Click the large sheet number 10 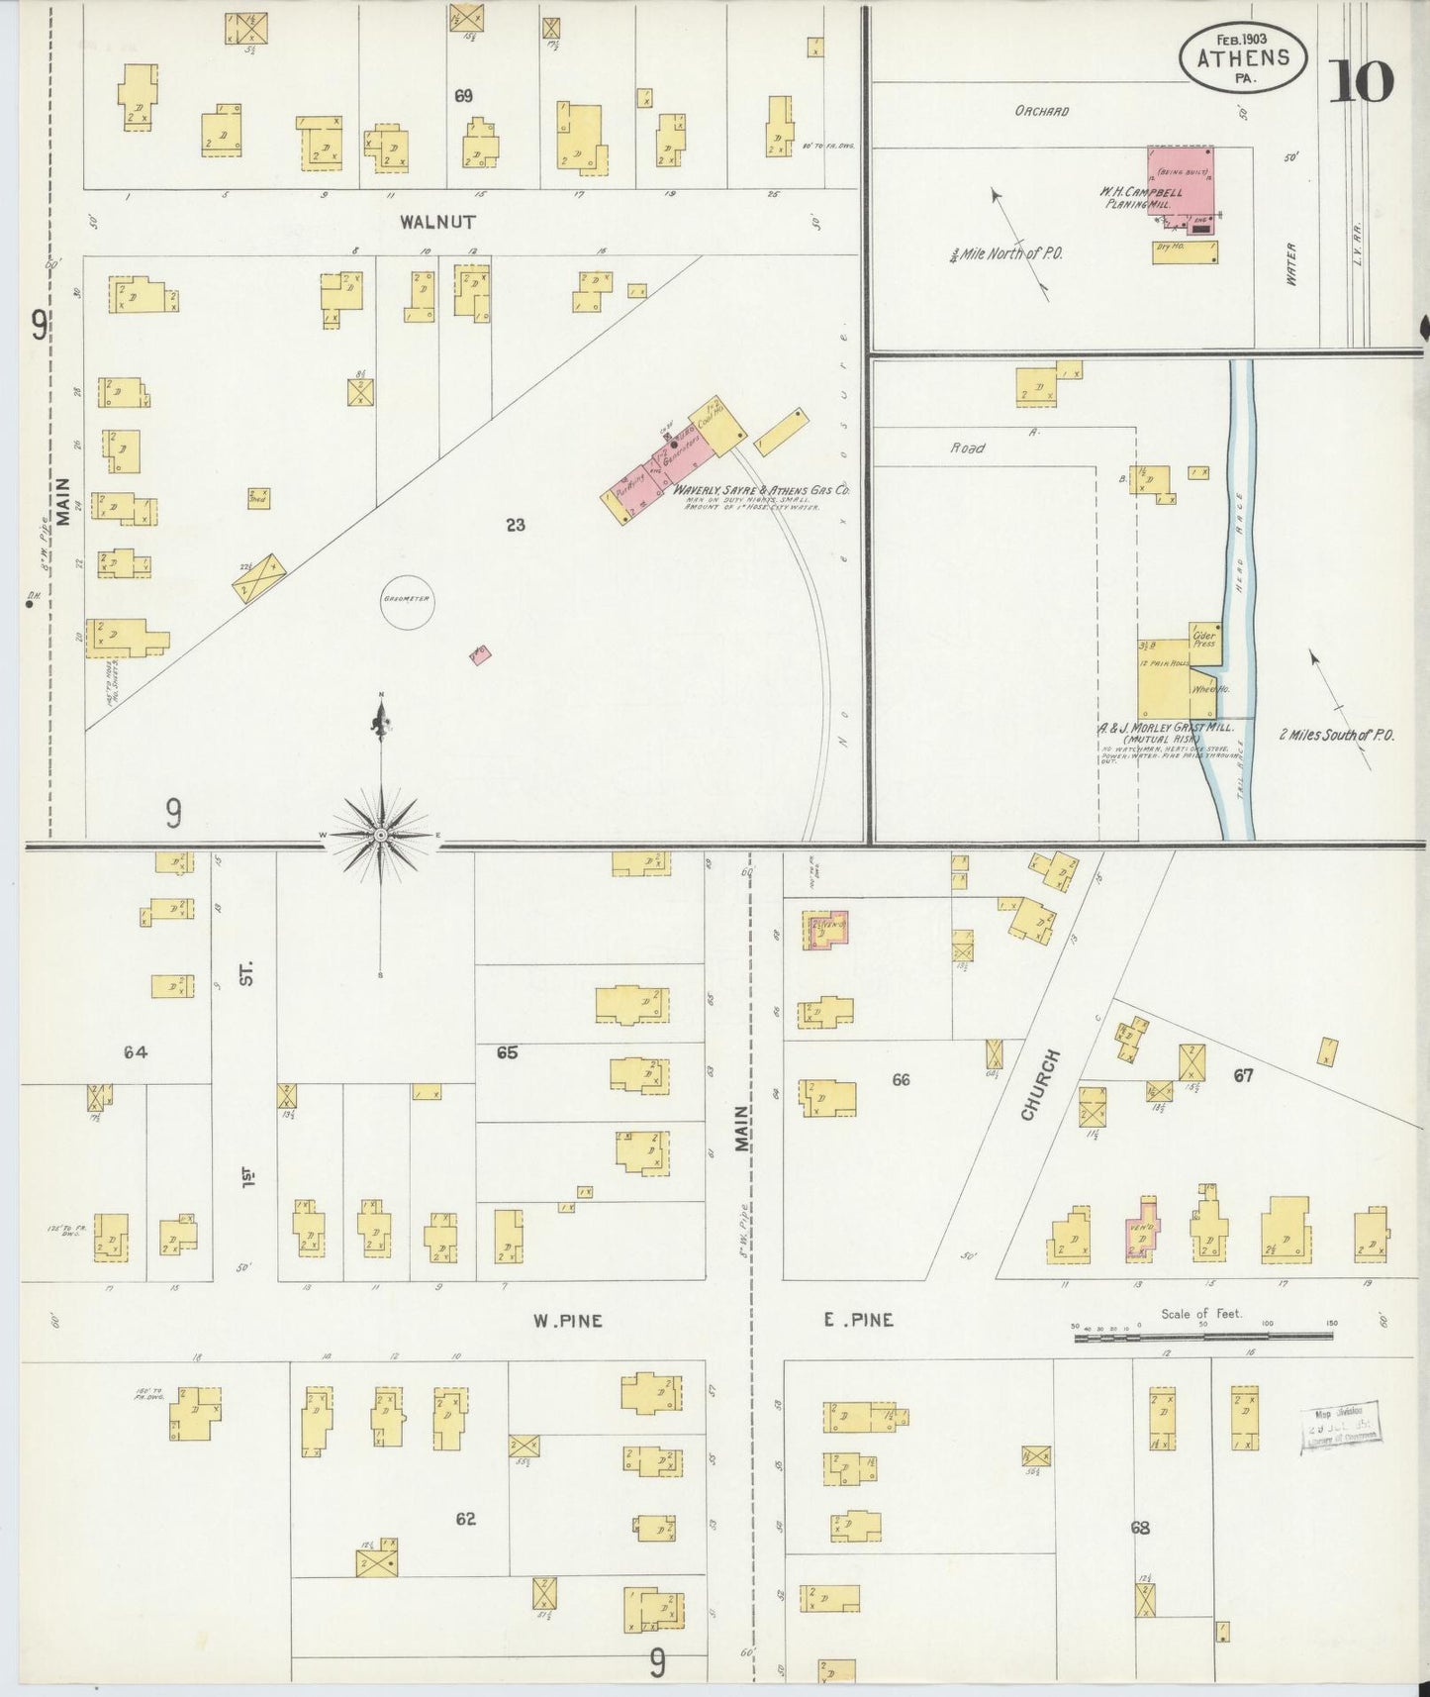1362,82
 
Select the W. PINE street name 567,1320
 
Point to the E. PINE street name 858,1319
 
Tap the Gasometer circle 407,602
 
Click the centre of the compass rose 381,837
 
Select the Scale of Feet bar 1203,1337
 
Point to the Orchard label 1041,112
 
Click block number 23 515,525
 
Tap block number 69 463,96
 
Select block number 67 1243,1074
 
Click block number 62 465,1518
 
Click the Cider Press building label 1204,639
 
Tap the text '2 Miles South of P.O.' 1336,735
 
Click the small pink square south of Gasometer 480,654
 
